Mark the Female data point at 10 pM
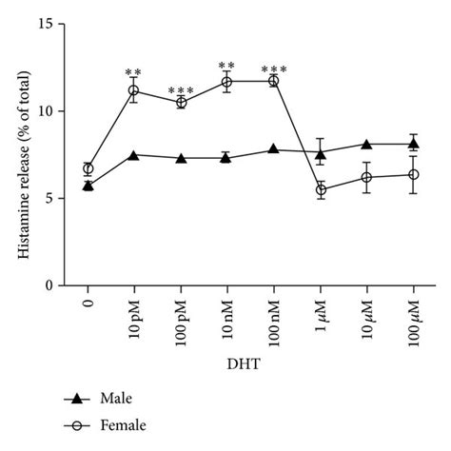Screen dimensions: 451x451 [x=134, y=91]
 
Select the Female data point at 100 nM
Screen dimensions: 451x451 [x=274, y=81]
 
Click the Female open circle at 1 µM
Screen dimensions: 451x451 [x=321, y=190]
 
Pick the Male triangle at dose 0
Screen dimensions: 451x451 [x=88, y=186]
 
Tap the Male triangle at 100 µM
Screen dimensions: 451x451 [x=414, y=144]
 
